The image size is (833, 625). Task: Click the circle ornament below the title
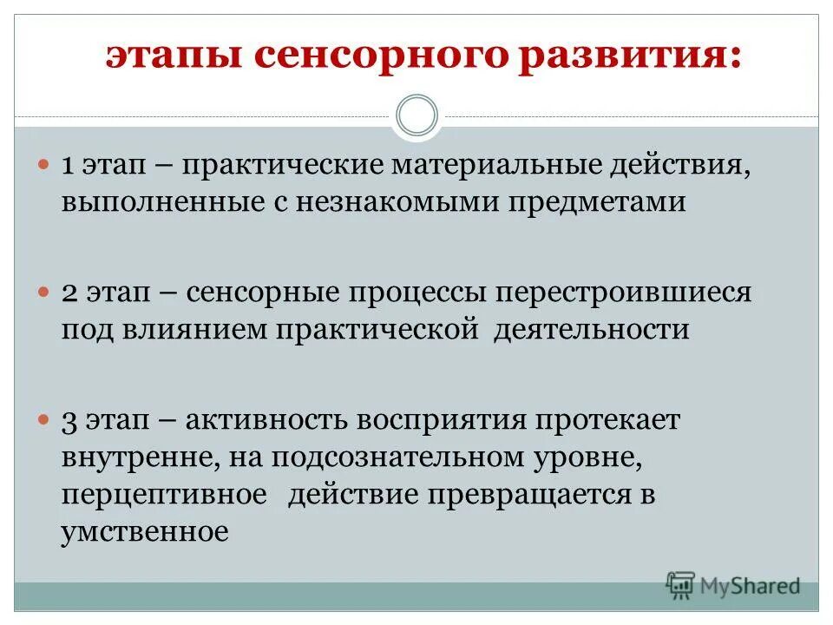click(416, 116)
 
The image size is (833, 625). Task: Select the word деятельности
click(592, 330)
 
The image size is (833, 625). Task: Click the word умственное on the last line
click(145, 531)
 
